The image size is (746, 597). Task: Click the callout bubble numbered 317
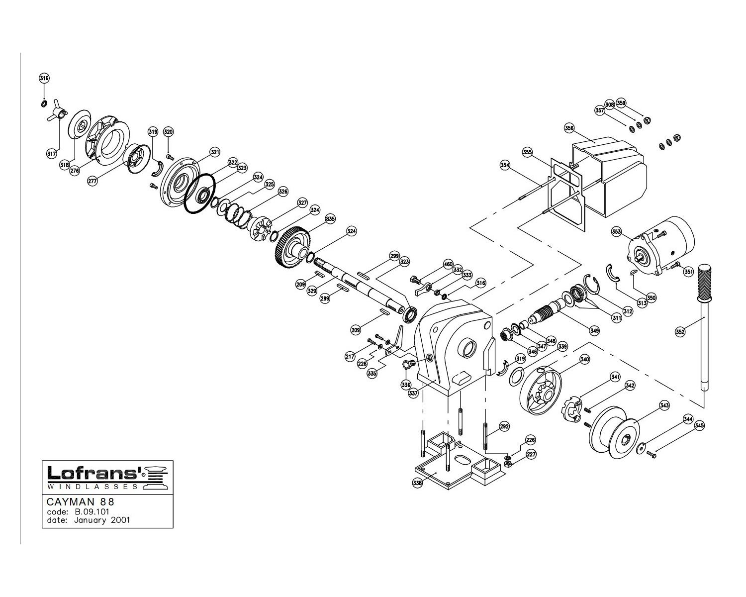51,154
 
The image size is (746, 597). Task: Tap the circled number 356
569,128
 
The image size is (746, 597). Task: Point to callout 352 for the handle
680,331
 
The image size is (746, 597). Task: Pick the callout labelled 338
417,483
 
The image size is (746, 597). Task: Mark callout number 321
214,152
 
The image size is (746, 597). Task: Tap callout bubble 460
448,264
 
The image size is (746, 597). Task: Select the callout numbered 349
594,330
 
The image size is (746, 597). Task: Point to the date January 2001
101,520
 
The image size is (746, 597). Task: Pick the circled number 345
699,425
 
